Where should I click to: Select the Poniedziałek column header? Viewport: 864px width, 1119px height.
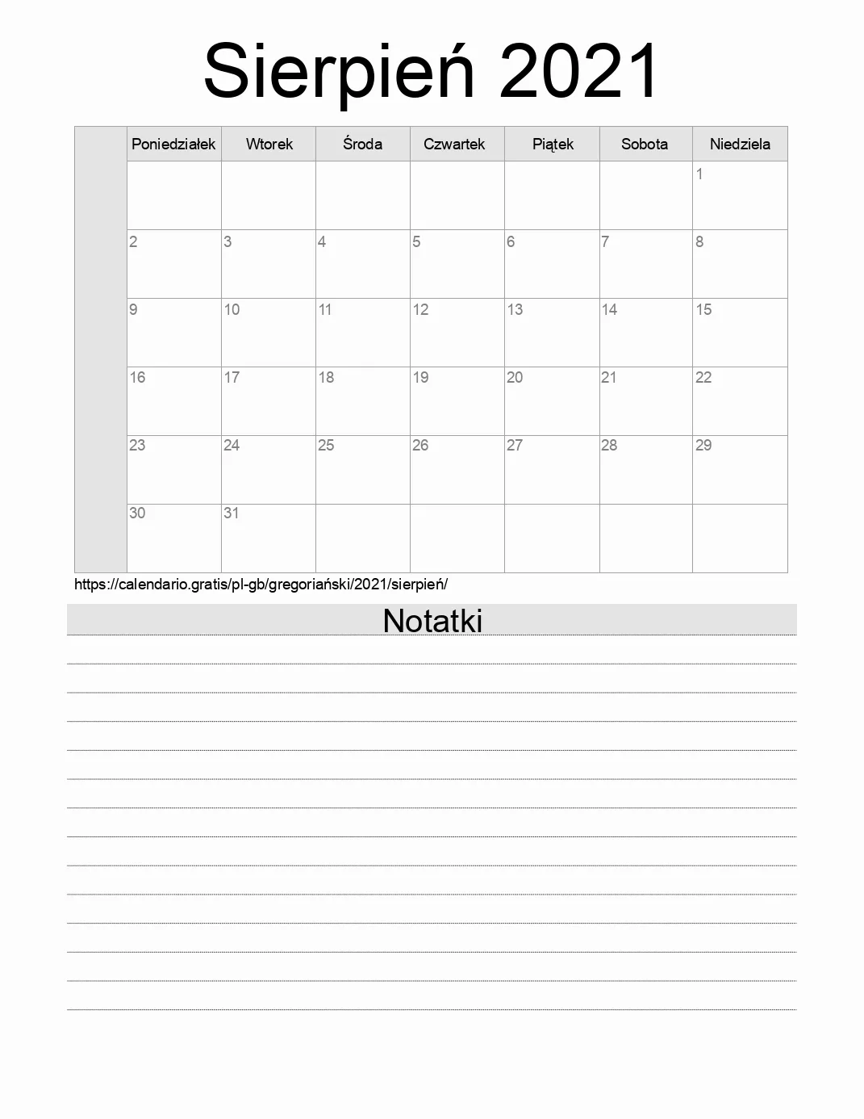click(173, 144)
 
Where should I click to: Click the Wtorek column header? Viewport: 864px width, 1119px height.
click(269, 144)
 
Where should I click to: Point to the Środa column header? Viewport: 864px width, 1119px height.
click(362, 144)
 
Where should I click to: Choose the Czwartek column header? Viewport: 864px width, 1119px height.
click(454, 144)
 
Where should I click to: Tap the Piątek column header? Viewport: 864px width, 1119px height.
click(553, 144)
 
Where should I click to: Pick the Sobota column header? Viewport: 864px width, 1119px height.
click(645, 144)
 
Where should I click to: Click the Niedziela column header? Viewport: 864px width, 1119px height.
click(740, 144)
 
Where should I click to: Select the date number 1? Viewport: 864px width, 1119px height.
click(699, 174)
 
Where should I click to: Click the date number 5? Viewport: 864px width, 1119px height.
click(416, 241)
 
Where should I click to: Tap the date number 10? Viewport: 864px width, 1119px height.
click(232, 309)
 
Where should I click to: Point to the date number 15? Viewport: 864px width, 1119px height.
click(703, 309)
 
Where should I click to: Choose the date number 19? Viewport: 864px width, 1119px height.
click(420, 377)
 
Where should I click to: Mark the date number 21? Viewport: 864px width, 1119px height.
click(609, 377)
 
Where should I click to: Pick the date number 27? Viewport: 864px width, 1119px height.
click(515, 445)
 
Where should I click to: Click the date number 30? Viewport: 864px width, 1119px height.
click(137, 513)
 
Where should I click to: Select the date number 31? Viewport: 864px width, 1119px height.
click(232, 513)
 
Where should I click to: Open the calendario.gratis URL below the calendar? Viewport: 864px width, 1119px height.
click(261, 584)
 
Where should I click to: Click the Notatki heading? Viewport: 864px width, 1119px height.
click(432, 620)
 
